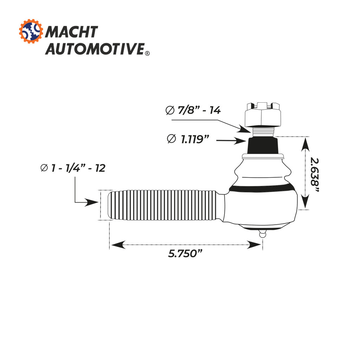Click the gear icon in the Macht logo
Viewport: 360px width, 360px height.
pos(31,32)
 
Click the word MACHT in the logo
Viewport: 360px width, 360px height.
pos(71,32)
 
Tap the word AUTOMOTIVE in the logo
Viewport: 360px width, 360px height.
pos(95,49)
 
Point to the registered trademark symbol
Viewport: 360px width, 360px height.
pos(147,53)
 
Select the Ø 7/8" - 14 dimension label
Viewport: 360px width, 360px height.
pos(193,110)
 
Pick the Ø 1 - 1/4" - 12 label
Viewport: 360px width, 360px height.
pos(73,168)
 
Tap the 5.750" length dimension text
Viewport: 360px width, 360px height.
pos(186,253)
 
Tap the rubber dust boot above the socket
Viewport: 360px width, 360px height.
pos(263,172)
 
